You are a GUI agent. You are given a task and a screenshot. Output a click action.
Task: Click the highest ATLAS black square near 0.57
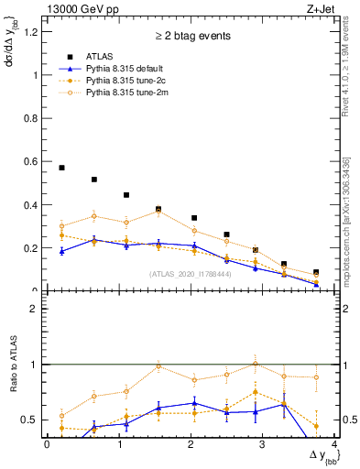tap(61, 168)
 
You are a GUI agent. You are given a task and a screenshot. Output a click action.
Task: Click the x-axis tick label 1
tap(119, 444)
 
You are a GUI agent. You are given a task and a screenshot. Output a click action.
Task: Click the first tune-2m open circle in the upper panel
tap(61, 225)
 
